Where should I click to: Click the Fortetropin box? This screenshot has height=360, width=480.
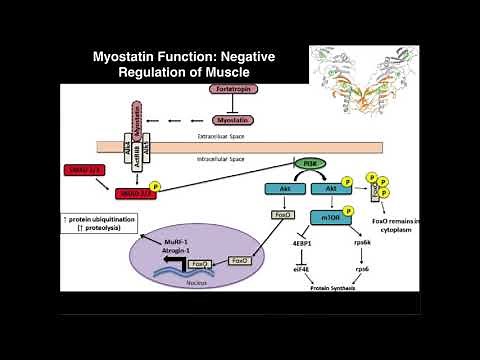231,90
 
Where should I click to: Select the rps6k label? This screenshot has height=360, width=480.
363,240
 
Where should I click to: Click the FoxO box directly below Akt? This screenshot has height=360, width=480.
281,214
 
